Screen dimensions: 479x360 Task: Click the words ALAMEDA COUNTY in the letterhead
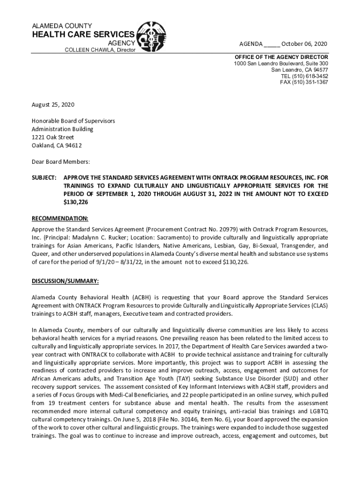(62, 26)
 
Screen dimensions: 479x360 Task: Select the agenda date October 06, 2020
(304, 44)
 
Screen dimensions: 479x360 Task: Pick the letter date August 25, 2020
(53, 105)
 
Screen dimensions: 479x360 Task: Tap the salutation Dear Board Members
(61, 161)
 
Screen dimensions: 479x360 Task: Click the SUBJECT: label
(44, 178)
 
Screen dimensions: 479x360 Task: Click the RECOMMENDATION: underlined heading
(59, 218)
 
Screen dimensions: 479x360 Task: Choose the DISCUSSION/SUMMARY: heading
(65, 281)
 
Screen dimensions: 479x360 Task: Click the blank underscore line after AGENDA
(272, 44)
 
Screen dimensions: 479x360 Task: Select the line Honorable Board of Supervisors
(73, 121)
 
